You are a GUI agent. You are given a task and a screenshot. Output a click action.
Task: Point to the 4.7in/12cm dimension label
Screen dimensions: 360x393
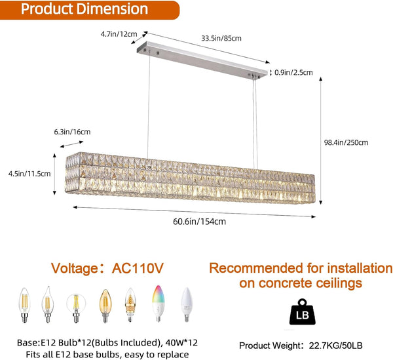tap(119, 34)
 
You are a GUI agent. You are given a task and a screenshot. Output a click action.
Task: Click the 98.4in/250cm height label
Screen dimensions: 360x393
tap(346, 142)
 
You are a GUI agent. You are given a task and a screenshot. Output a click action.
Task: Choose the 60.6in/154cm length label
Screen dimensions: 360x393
tap(199, 221)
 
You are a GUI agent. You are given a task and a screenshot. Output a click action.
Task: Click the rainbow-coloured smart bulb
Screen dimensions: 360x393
tap(158, 303)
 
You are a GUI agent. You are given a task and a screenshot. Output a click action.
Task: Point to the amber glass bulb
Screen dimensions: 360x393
tap(103, 305)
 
